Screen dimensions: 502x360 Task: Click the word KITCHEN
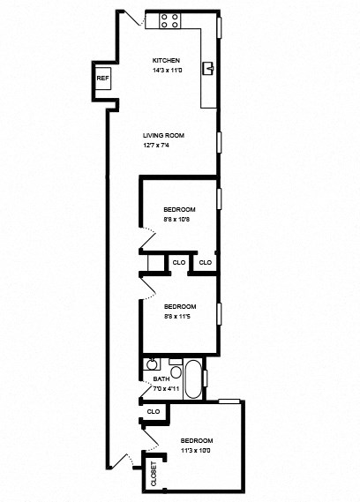(x=166, y=61)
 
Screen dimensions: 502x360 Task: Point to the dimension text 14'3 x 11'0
(x=166, y=70)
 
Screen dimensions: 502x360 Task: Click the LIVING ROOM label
(x=163, y=135)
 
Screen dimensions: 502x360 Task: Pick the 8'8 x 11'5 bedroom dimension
(x=179, y=315)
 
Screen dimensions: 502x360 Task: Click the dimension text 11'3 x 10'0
(x=197, y=449)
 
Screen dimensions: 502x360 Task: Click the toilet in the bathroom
(x=174, y=371)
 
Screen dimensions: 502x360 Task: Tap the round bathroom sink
(x=151, y=363)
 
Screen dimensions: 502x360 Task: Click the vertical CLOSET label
(x=154, y=474)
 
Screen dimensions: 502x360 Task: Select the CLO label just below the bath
(x=153, y=411)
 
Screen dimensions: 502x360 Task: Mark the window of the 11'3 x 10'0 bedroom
(x=230, y=401)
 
